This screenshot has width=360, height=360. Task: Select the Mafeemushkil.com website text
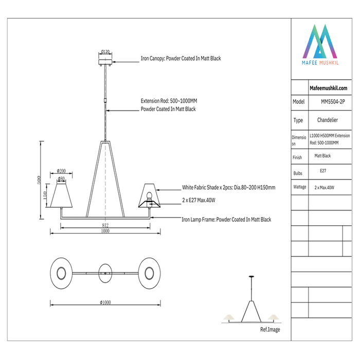pyautogui.click(x=325, y=88)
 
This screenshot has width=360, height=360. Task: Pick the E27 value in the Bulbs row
pyautogui.click(x=323, y=170)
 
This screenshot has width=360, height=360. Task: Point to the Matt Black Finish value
pyautogui.click(x=322, y=156)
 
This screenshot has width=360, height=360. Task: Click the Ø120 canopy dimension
pyautogui.click(x=105, y=51)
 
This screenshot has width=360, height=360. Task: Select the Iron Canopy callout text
pyautogui.click(x=181, y=59)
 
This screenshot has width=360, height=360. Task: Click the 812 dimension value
pyautogui.click(x=105, y=225)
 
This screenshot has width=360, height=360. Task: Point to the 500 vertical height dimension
pyautogui.click(x=39, y=180)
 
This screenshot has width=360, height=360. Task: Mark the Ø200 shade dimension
pyautogui.click(x=61, y=171)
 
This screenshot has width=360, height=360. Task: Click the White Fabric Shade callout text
pyautogui.click(x=228, y=188)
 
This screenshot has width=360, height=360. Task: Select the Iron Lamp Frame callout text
pyautogui.click(x=226, y=220)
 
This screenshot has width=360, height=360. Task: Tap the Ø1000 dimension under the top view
pyautogui.click(x=104, y=302)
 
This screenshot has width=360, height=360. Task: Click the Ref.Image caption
pyautogui.click(x=270, y=330)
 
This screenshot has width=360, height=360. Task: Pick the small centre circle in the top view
pyautogui.click(x=105, y=272)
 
